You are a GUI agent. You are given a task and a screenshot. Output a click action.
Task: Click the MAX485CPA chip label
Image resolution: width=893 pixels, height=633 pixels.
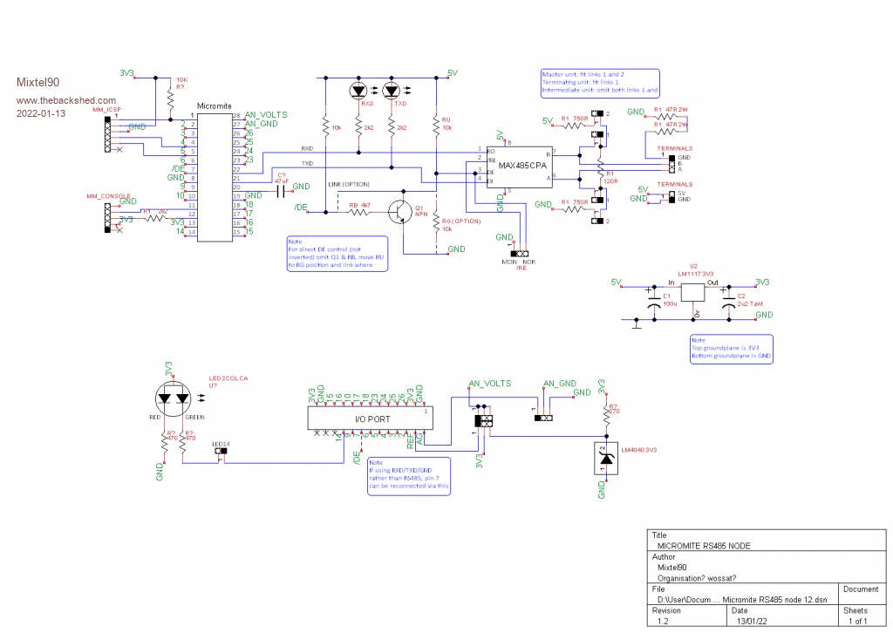[517, 166]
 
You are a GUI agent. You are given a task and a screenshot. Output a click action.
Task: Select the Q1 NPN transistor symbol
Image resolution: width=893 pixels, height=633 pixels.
[402, 212]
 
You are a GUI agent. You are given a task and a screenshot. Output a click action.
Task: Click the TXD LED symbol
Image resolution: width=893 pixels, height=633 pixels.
[392, 91]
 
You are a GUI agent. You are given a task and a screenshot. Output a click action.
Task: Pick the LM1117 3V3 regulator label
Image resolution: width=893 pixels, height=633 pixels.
[694, 272]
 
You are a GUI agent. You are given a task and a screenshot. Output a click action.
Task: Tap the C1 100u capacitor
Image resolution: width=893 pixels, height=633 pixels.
[654, 300]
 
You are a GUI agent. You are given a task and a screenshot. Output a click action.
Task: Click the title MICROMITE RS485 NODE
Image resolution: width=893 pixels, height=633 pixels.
[704, 544]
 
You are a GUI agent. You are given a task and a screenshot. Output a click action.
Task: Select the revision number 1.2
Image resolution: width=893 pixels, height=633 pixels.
[664, 620]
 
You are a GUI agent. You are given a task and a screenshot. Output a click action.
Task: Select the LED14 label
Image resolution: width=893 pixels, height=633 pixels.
[221, 444]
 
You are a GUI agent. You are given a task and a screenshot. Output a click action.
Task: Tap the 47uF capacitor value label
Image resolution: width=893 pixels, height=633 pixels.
[282, 181]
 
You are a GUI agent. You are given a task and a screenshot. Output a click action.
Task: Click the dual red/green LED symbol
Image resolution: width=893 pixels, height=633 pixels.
[173, 398]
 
